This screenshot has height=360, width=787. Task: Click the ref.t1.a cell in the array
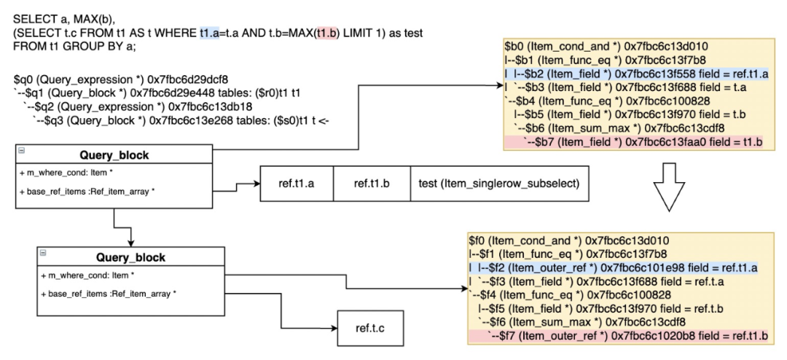(x=296, y=183)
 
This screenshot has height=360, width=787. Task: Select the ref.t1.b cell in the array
(x=372, y=183)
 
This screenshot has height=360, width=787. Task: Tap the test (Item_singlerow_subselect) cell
(x=498, y=183)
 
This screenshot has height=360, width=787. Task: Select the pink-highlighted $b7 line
(x=636, y=143)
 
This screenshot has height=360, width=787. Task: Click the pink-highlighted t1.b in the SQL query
(x=325, y=32)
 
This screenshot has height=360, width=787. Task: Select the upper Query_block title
(x=114, y=154)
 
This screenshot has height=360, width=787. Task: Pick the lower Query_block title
(x=130, y=257)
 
